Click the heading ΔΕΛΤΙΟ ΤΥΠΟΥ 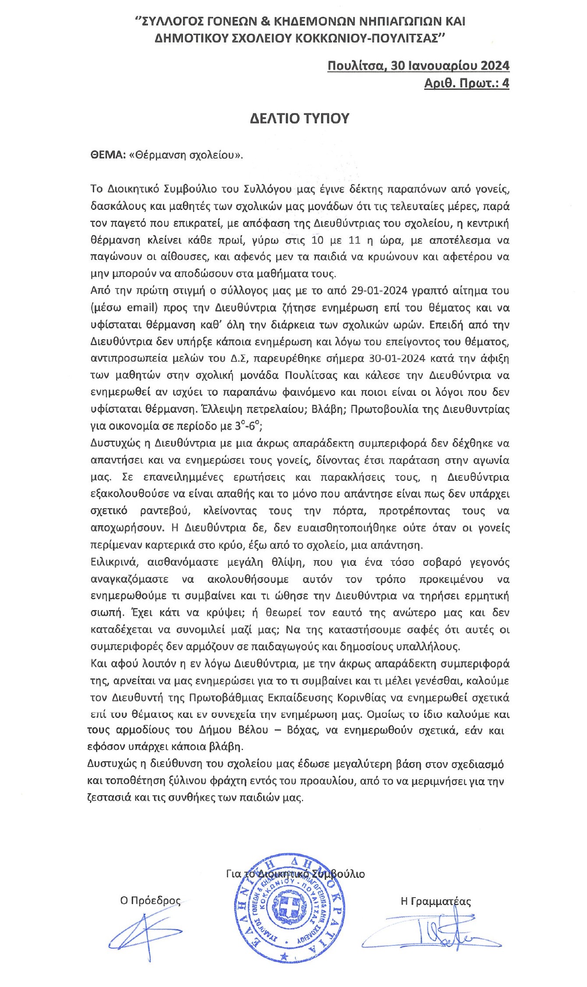pyautogui.click(x=299, y=119)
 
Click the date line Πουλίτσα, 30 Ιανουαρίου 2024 pyautogui.click(x=418, y=66)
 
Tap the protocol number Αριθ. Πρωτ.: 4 pyautogui.click(x=467, y=83)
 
